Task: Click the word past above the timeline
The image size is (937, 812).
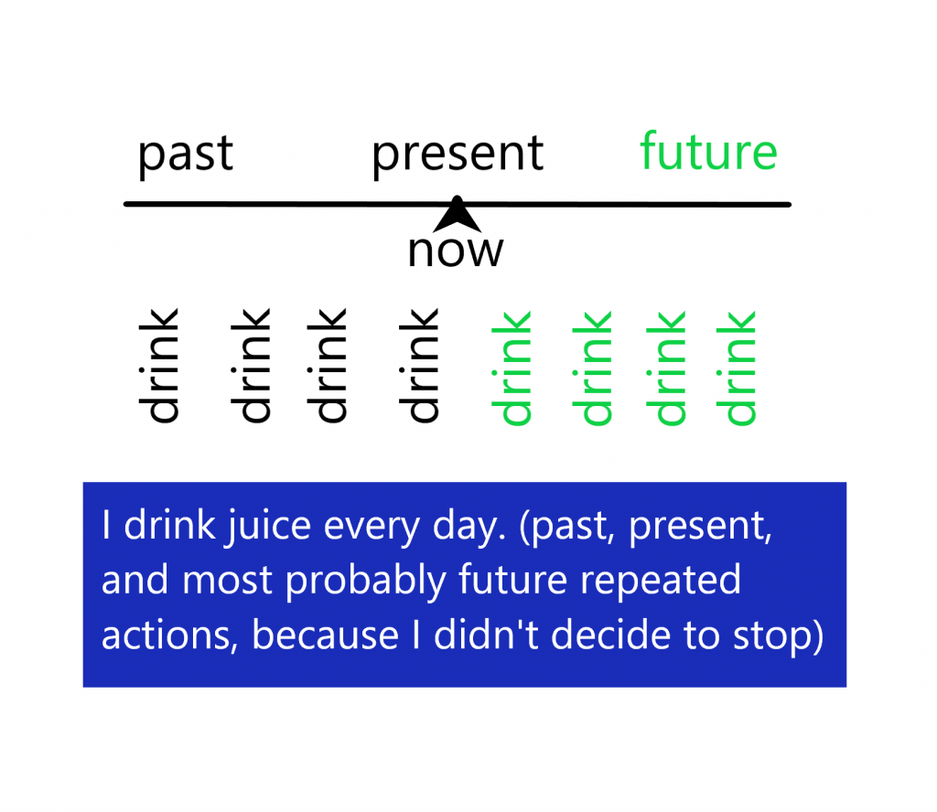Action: point(185,156)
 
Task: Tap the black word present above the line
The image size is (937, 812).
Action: point(458,156)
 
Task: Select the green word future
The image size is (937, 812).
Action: point(709,151)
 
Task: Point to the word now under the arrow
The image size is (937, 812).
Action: point(456,251)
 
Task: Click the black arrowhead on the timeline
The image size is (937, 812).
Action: point(458,214)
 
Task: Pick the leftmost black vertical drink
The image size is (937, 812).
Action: point(158,366)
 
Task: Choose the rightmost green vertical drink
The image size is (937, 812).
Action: point(737,369)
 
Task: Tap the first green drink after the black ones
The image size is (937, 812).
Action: point(511,369)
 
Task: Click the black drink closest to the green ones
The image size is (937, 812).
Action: point(419,366)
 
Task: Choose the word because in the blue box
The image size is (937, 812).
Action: point(325,634)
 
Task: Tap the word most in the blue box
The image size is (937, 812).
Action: point(227,582)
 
